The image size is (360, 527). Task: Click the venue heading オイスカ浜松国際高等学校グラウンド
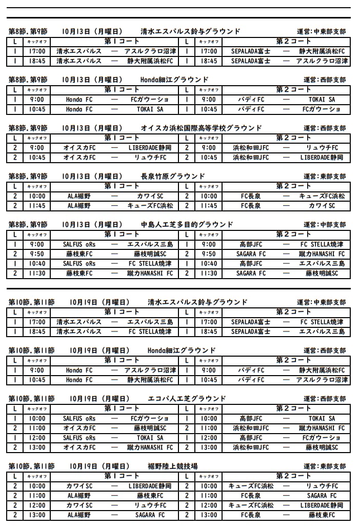[201, 128]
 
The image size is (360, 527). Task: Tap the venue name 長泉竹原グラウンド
[172, 176]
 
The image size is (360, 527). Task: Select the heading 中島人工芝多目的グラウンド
[187, 224]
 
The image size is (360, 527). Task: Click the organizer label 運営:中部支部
[324, 225]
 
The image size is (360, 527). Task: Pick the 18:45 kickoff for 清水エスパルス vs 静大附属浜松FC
[37, 61]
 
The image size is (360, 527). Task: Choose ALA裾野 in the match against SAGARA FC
[79, 515]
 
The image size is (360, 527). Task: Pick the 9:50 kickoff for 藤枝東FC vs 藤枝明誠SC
[37, 254]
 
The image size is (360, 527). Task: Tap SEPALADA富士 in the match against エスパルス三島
[251, 331]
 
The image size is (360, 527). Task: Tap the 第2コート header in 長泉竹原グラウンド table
[293, 186]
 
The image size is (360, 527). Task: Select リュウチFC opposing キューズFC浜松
[322, 486]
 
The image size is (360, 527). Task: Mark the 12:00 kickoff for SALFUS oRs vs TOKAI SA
[37, 438]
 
